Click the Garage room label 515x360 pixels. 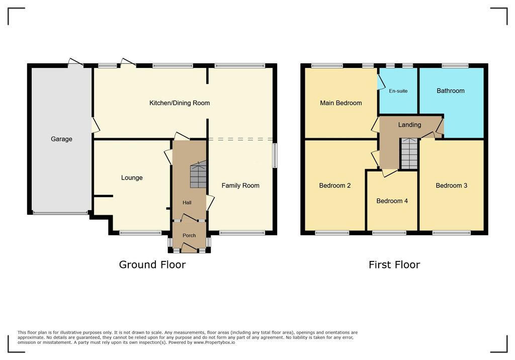[x=61, y=139]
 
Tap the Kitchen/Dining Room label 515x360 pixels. [x=180, y=103]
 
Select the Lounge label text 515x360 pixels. [x=132, y=177]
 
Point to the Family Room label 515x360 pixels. [x=240, y=186]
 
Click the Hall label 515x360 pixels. [x=187, y=203]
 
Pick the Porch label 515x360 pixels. [x=189, y=235]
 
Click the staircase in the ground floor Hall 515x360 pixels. [x=198, y=174]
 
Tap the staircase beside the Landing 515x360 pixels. [x=409, y=154]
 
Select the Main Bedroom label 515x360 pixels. [x=341, y=103]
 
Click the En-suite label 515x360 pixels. [x=398, y=91]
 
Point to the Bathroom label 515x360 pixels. [x=450, y=91]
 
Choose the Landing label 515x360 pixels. [x=409, y=125]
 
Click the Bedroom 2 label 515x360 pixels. [x=334, y=186]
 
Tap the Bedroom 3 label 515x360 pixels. [x=451, y=186]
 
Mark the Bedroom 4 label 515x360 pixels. [x=392, y=201]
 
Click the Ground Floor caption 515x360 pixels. [x=152, y=265]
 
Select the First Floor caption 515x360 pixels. [x=394, y=265]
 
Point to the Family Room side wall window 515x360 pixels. [x=275, y=155]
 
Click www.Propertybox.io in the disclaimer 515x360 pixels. [x=214, y=342]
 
